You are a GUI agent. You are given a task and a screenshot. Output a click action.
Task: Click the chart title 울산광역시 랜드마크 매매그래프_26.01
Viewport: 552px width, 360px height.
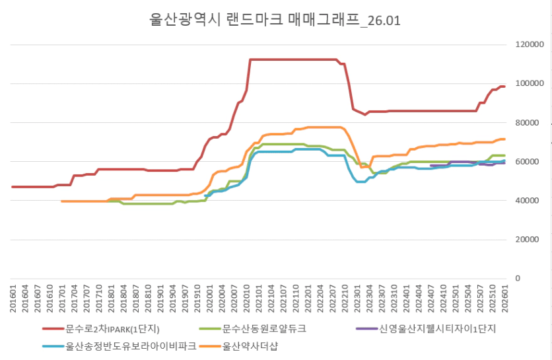(x=275, y=20)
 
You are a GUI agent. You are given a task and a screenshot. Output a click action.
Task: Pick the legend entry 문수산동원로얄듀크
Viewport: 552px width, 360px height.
(x=265, y=328)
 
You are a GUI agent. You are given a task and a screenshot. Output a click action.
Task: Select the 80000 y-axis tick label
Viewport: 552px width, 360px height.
(x=526, y=123)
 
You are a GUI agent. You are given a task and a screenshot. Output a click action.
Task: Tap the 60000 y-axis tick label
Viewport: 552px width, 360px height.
(x=526, y=162)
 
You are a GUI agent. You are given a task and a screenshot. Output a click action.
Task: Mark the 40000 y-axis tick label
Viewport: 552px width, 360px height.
(x=526, y=201)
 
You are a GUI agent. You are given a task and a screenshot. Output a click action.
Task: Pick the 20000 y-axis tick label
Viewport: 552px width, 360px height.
(x=526, y=240)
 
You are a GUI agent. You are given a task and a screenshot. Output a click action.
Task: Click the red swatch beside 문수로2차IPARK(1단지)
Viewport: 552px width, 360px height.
(x=53, y=328)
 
